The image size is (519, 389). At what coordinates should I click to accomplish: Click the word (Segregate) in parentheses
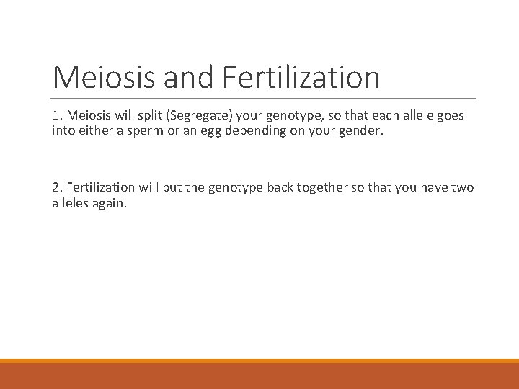point(197,115)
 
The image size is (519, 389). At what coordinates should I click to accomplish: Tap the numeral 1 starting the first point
point(56,115)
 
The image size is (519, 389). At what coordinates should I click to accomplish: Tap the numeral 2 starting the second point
point(56,187)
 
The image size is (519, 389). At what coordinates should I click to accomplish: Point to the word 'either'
point(88,131)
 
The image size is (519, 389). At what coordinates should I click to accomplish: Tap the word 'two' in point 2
point(463,187)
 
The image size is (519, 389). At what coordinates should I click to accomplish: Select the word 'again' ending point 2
point(110,204)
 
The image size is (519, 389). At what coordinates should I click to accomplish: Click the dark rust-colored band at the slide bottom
point(259,376)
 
